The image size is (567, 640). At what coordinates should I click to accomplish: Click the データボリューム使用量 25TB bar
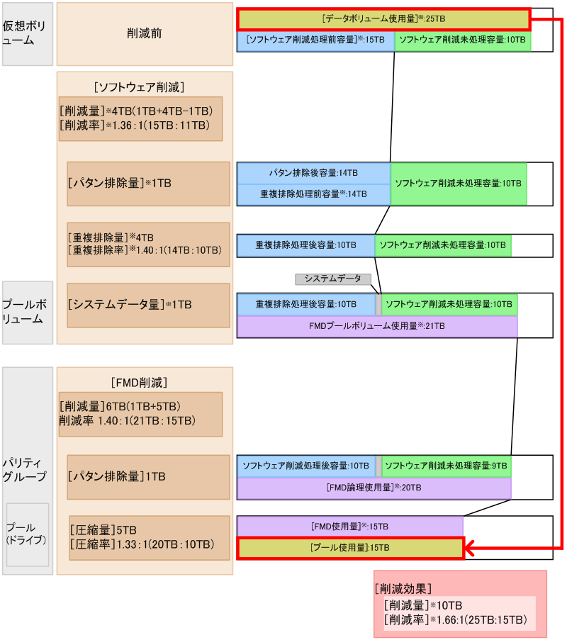(x=383, y=19)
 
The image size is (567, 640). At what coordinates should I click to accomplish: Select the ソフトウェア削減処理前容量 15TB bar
(x=315, y=41)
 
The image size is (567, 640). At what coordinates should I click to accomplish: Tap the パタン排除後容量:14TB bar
(x=313, y=173)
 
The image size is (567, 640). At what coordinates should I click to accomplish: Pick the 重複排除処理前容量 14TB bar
(x=313, y=194)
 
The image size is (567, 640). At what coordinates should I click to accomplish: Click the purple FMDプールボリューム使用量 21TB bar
(x=377, y=326)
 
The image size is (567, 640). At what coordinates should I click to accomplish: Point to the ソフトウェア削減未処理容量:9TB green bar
(x=447, y=466)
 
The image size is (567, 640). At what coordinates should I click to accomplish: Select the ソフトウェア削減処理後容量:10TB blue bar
(x=306, y=466)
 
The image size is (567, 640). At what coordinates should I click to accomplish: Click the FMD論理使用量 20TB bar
(x=374, y=488)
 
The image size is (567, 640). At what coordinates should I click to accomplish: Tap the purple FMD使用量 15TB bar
(x=349, y=527)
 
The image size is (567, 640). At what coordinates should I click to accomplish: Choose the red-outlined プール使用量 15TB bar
(x=349, y=548)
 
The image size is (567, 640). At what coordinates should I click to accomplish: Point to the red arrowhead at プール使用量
(x=470, y=548)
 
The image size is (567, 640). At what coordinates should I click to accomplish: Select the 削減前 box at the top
(x=145, y=34)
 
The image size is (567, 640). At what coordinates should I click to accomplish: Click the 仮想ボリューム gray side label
(x=28, y=34)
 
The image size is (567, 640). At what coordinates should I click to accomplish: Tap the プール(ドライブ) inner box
(x=28, y=534)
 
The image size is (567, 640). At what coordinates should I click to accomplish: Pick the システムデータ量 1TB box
(x=149, y=305)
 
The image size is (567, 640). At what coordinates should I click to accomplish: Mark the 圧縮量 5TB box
(x=149, y=537)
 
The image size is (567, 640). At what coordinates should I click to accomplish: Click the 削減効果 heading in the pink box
(x=403, y=589)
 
